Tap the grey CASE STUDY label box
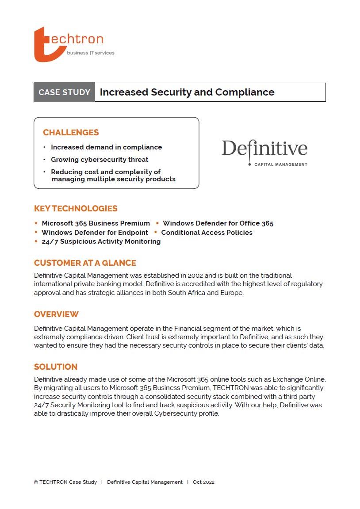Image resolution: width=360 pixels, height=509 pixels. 65,92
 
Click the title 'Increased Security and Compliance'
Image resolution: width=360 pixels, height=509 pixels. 187,92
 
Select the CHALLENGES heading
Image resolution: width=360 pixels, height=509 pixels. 71,133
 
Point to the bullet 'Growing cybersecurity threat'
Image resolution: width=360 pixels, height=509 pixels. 100,160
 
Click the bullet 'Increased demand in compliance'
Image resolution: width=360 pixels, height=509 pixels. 106,147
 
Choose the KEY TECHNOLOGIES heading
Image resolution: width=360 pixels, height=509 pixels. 76,209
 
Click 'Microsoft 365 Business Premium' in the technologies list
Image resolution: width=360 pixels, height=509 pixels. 96,223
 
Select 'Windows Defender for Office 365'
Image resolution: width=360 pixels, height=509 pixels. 218,223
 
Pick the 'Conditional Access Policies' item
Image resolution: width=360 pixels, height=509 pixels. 207,233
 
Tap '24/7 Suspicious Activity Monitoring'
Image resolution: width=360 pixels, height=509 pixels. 101,241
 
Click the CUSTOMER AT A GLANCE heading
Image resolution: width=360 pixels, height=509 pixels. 85,263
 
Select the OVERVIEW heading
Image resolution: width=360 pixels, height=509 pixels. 56,314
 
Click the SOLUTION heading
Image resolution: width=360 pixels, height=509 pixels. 56,367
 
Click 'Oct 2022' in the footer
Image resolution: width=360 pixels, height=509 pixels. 203,482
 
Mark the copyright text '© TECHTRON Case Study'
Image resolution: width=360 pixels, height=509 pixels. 65,482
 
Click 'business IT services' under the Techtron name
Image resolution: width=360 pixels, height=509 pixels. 90,53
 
